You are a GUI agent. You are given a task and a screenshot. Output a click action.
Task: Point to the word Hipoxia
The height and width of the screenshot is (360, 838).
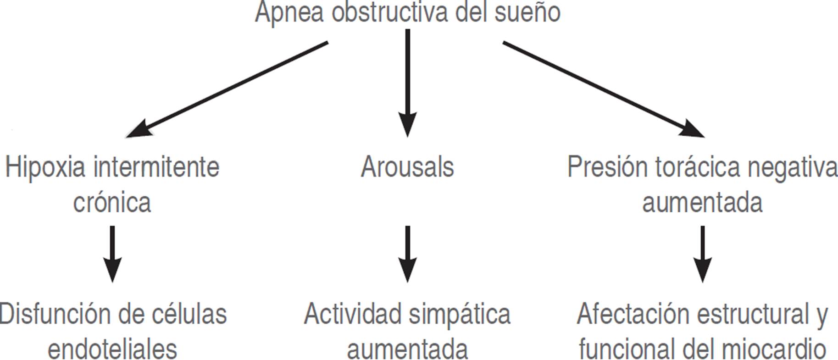[45, 167]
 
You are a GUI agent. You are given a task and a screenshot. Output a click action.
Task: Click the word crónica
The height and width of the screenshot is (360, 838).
[112, 202]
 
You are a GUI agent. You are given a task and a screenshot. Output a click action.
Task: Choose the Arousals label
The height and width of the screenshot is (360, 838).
[407, 167]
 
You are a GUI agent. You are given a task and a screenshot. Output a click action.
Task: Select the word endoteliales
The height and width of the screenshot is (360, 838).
[112, 349]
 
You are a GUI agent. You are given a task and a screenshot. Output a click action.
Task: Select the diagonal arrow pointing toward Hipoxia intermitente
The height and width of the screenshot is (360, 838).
[227, 89]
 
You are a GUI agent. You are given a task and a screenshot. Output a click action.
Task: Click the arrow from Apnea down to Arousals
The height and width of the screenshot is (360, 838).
[407, 83]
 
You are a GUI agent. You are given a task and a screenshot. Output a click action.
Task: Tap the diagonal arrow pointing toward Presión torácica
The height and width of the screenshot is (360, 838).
[603, 89]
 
